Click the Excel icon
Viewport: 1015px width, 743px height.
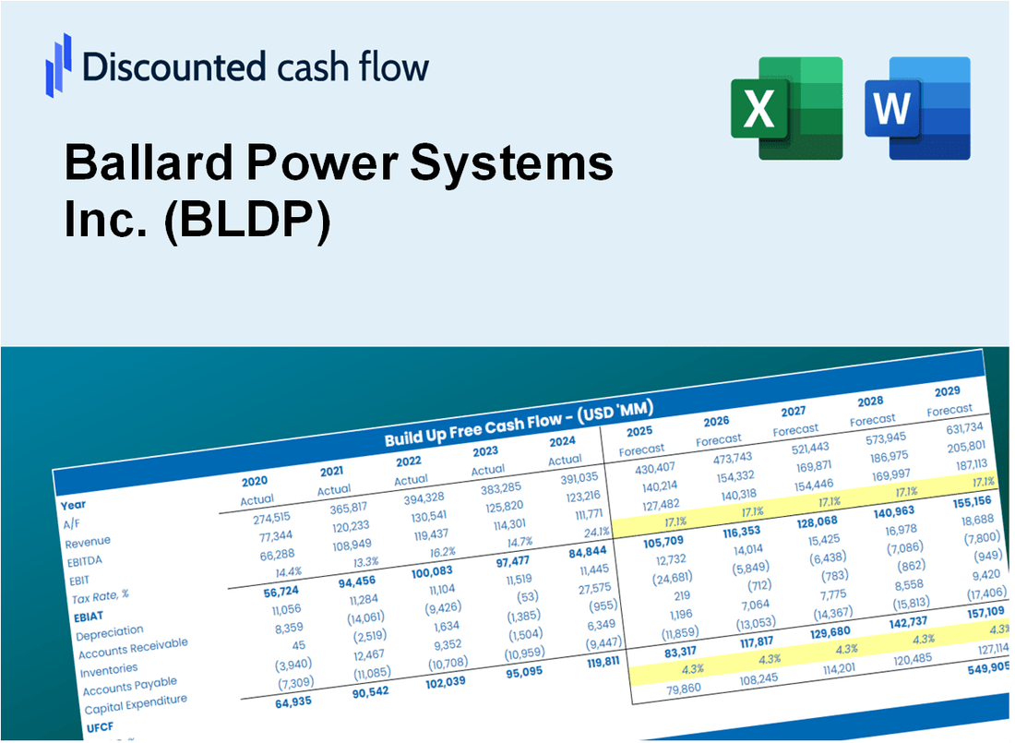pos(786,107)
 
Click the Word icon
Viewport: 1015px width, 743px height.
pos(916,107)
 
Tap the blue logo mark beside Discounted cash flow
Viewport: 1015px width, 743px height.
pos(58,66)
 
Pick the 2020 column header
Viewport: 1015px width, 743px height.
pos(255,481)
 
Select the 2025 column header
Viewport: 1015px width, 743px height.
pos(639,431)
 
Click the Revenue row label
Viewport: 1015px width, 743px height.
pos(88,541)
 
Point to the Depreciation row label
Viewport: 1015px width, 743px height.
pos(110,632)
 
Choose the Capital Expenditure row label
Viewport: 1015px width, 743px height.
pos(135,706)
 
